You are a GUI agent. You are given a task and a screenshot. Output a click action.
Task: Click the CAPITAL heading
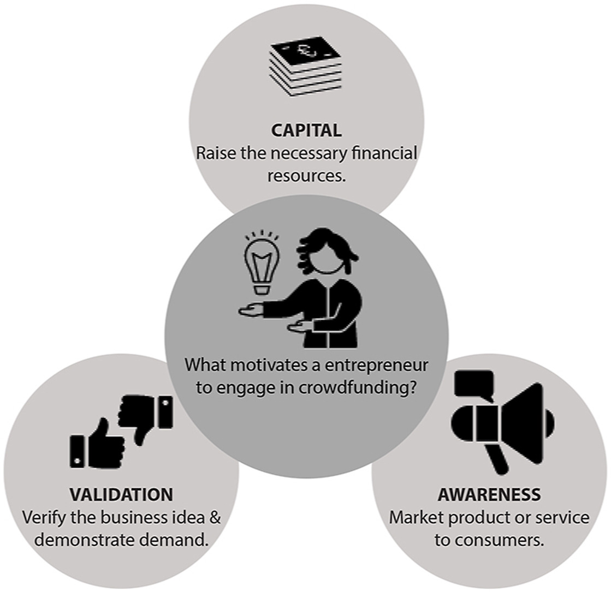click(306, 130)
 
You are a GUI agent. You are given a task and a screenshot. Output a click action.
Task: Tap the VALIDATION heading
click(121, 494)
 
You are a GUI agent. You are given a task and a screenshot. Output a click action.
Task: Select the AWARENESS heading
click(489, 494)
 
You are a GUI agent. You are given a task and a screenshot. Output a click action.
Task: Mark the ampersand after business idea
click(215, 517)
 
